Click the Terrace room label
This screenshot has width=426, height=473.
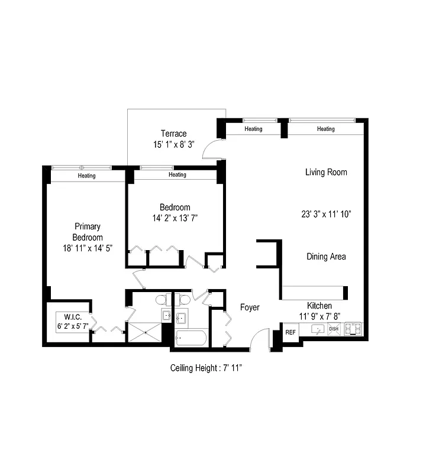pos(173,134)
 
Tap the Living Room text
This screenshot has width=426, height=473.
pos(326,173)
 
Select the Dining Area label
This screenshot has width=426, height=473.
pos(326,257)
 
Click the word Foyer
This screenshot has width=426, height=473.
pos(250,307)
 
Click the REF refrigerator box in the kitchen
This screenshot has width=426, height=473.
pos(291,332)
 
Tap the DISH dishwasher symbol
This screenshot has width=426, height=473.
pos(334,329)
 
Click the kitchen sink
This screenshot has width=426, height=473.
pos(318,329)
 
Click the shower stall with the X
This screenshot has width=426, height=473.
pos(144,332)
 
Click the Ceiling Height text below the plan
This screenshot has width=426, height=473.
pos(206,368)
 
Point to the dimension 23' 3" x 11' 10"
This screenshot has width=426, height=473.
pos(326,215)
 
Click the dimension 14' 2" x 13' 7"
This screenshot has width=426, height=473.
pos(175,218)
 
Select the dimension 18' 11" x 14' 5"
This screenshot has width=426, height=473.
pos(86,248)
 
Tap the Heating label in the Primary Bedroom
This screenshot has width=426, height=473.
pos(86,176)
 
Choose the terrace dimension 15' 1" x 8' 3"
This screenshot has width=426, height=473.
pos(173,144)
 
